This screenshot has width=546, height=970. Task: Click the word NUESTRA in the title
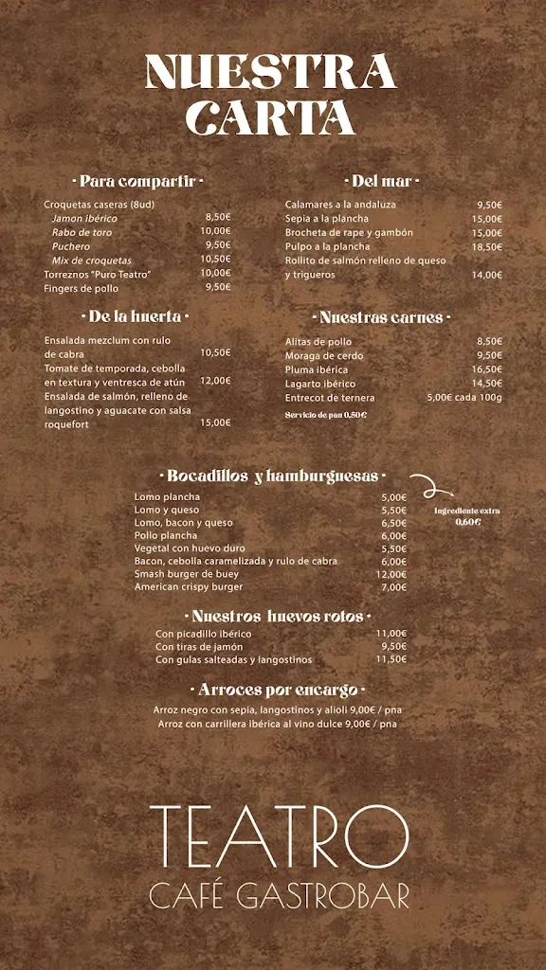[x=271, y=72]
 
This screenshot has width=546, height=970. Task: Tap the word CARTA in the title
[x=271, y=118]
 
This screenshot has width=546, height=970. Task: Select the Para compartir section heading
[x=137, y=181]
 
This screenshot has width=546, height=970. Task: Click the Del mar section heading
[x=381, y=181]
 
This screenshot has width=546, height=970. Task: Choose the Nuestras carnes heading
[x=381, y=317]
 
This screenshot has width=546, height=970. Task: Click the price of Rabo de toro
[x=215, y=231]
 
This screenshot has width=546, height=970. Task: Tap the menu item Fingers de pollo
[x=82, y=288]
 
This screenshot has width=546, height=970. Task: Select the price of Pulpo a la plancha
[x=487, y=246]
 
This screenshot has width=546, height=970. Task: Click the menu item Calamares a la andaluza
[x=341, y=205]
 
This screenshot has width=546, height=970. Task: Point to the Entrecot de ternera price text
[x=464, y=398]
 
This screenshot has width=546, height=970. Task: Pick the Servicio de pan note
[x=326, y=415]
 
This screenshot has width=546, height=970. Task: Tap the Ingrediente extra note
[x=467, y=516]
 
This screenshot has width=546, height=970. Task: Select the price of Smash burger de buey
[x=391, y=574]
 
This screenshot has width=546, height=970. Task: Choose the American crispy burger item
[x=189, y=587]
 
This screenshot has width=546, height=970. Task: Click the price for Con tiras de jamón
[x=392, y=647]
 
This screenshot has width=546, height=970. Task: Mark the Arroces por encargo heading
[x=278, y=690]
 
